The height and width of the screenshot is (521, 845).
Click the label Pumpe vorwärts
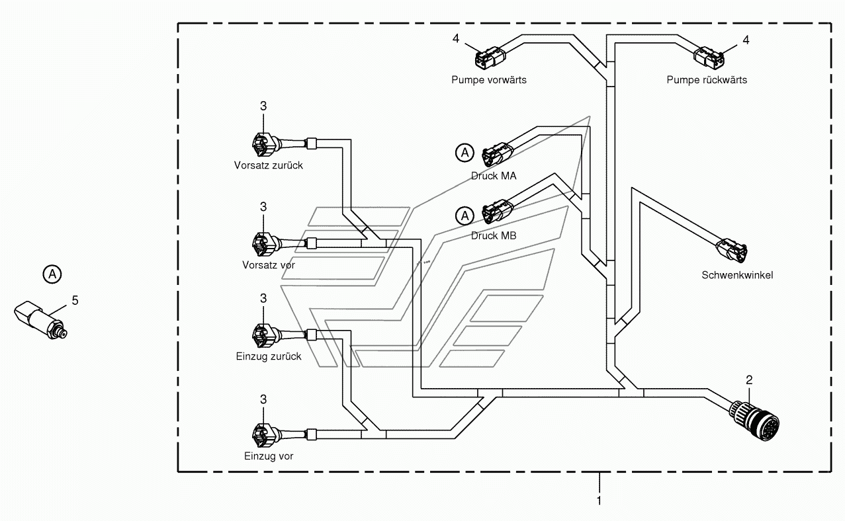[x=488, y=80]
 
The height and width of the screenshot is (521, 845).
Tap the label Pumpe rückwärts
[x=707, y=80]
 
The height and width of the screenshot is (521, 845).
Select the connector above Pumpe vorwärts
[x=490, y=58]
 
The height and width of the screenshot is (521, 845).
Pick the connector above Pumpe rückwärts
[x=709, y=58]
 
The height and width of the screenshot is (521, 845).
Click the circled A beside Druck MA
[x=465, y=153]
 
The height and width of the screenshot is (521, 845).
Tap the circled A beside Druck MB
[x=465, y=216]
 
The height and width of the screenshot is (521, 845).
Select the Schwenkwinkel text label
[x=737, y=275]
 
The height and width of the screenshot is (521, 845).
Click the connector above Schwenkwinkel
[x=732, y=250]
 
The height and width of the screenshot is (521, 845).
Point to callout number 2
[x=749, y=380]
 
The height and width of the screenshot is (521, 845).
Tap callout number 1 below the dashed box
[x=599, y=501]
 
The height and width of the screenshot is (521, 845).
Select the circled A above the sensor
[x=52, y=274]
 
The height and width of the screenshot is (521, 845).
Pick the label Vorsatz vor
[x=268, y=265]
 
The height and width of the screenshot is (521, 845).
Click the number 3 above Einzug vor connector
[x=263, y=399]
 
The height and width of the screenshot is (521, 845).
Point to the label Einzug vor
[x=268, y=456]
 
